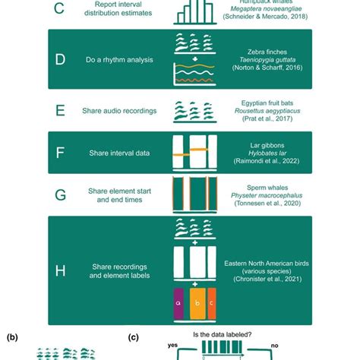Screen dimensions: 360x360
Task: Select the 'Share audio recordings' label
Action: (x=119, y=111)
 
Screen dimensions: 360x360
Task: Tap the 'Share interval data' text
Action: (x=115, y=153)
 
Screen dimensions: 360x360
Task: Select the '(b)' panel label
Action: (x=13, y=336)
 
